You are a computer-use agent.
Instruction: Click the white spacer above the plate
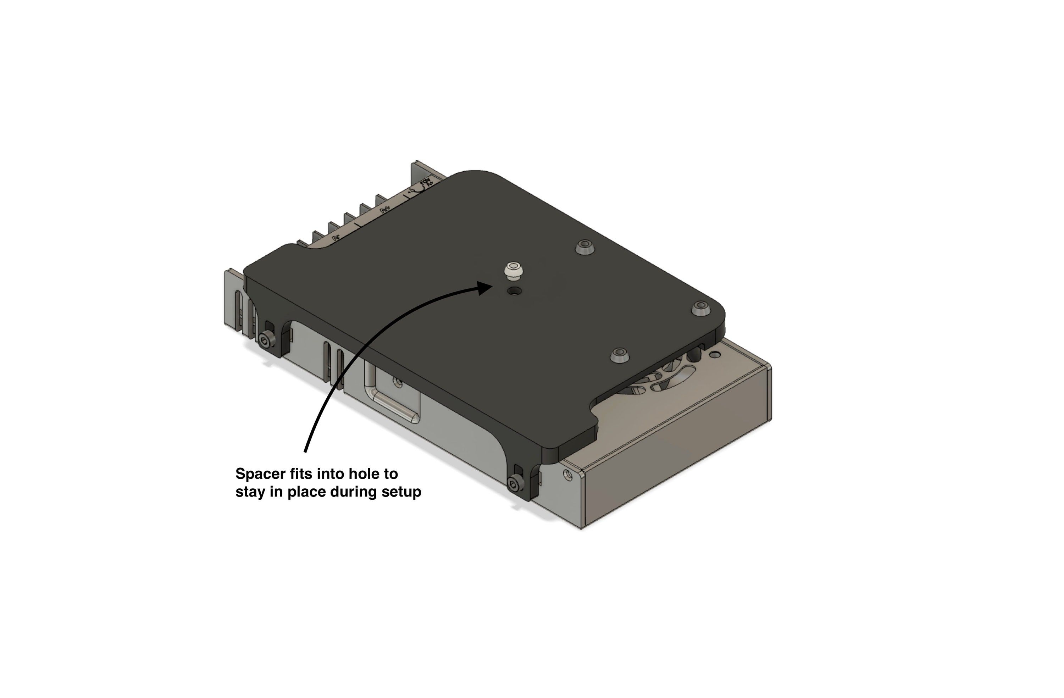click(512, 269)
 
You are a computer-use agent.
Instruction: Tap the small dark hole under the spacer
click(515, 291)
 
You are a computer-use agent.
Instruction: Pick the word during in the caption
click(353, 492)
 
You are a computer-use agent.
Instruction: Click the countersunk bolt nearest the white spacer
click(585, 246)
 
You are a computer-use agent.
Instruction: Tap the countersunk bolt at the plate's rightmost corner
click(700, 308)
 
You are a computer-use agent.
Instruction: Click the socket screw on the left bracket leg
click(267, 342)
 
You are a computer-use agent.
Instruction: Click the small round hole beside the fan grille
click(715, 355)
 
